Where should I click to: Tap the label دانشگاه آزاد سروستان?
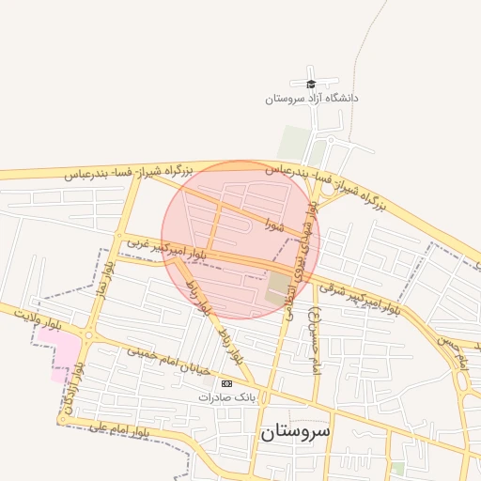click(x=312, y=98)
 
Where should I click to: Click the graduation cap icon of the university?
click(x=312, y=84)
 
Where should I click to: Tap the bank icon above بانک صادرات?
click(x=225, y=384)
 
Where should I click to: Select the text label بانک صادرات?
click(x=225, y=397)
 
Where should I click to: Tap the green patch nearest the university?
click(x=294, y=143)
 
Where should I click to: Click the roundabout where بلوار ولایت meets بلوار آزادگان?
click(x=89, y=334)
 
